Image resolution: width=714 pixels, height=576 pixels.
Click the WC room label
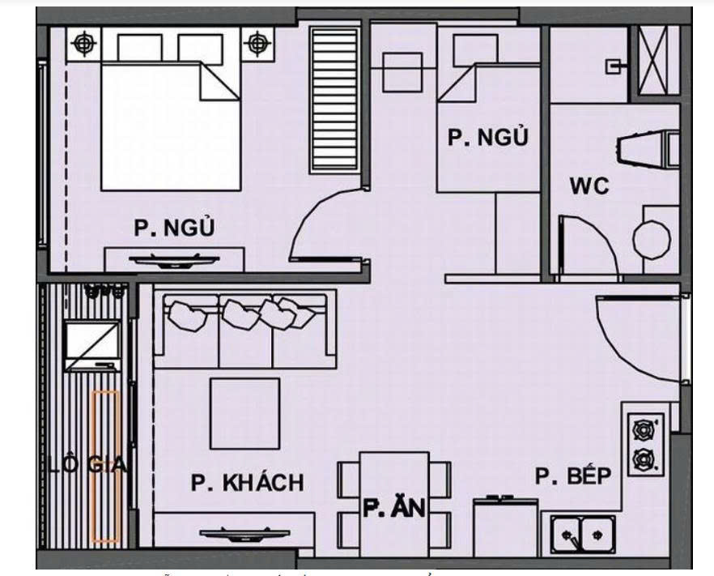click(x=589, y=187)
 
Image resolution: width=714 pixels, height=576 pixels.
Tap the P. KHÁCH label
click(x=248, y=483)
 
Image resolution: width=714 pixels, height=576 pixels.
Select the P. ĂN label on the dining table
click(x=394, y=509)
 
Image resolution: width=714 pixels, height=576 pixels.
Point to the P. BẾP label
click(x=572, y=476)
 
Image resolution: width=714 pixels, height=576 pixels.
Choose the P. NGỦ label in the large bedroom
click(x=174, y=229)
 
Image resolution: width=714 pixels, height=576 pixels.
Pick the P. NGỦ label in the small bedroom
click(x=487, y=138)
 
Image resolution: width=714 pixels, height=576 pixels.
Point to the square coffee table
click(x=244, y=413)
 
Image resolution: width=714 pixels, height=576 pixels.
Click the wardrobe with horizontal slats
click(x=334, y=99)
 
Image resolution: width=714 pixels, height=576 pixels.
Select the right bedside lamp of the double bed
click(x=257, y=43)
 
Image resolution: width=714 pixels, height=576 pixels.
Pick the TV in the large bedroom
click(x=175, y=261)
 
